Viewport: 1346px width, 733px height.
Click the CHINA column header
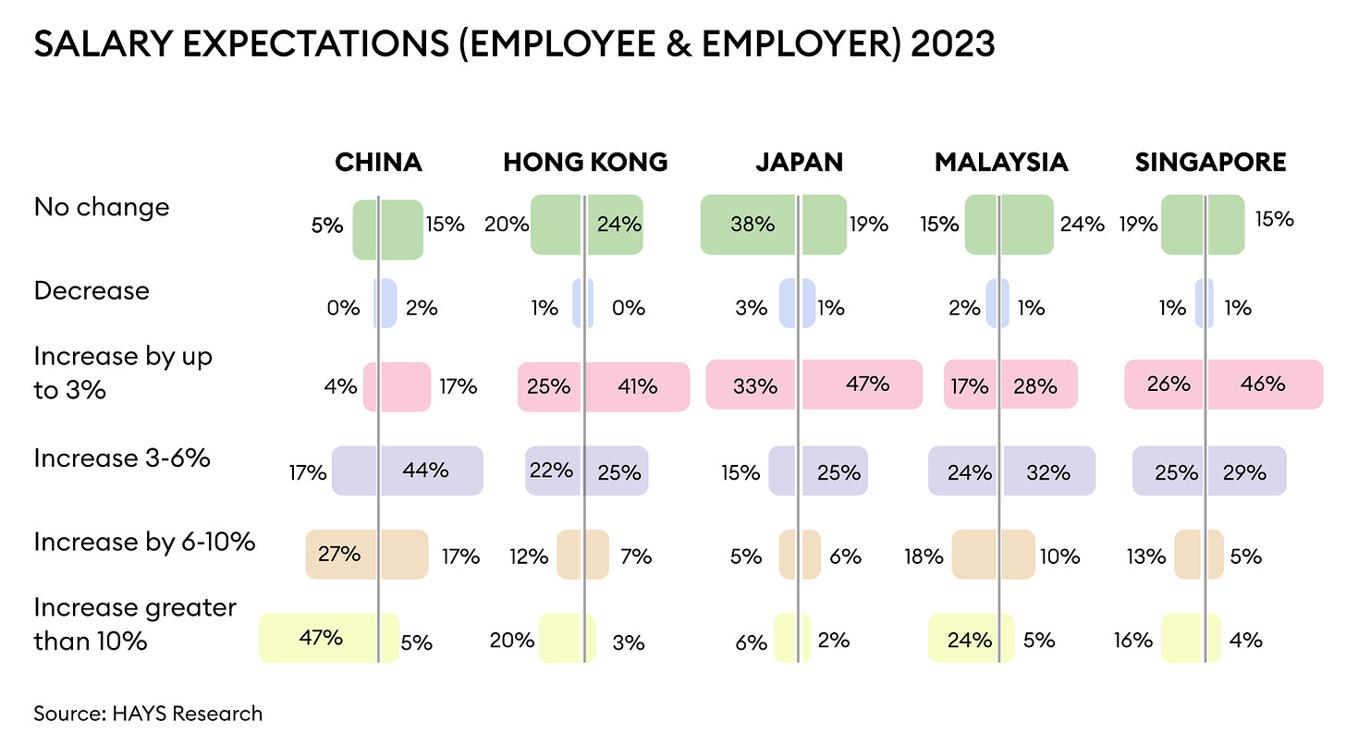(378, 163)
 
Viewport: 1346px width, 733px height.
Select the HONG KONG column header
(585, 163)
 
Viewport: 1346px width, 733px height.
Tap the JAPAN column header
(800, 163)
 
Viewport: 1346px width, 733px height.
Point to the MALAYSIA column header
(1001, 163)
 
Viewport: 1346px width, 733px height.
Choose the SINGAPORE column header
(1210, 163)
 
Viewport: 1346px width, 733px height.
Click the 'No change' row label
(102, 206)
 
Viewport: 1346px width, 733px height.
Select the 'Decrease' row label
(92, 290)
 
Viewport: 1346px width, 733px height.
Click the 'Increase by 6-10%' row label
(144, 542)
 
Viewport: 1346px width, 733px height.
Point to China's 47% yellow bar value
(321, 638)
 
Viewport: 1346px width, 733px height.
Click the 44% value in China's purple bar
(425, 470)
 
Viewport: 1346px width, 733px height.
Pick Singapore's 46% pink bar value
(1262, 383)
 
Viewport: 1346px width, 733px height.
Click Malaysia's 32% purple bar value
(1047, 472)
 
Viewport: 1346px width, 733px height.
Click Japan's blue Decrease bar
(797, 303)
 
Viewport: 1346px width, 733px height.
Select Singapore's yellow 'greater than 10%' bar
(1191, 638)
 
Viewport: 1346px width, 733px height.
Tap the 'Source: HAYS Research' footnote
(148, 713)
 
